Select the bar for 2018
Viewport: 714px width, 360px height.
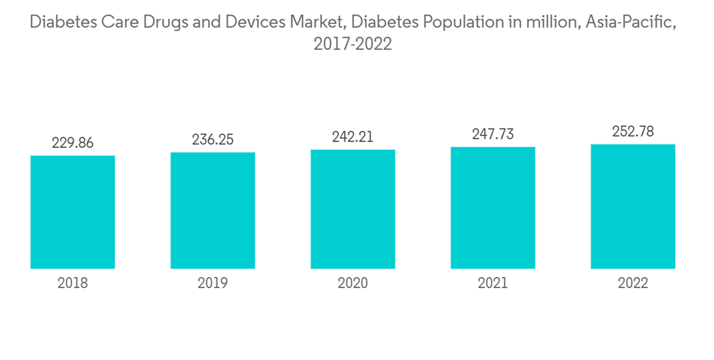coord(73,212)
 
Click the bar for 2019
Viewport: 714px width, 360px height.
coord(213,211)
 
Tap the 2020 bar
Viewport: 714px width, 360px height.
coord(353,209)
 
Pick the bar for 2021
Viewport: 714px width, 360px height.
coord(493,208)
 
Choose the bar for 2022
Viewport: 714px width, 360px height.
coord(633,206)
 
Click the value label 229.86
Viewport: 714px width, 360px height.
coord(73,143)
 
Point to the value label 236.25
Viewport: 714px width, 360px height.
coord(213,140)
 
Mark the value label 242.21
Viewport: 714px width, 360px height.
coord(353,137)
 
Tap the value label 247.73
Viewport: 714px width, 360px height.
coord(493,134)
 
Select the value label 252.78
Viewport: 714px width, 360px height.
coord(633,131)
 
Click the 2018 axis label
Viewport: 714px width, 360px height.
coord(73,284)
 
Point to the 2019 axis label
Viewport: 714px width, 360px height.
coord(213,284)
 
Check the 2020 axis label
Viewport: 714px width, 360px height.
coord(353,284)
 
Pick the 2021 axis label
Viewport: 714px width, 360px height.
coord(493,284)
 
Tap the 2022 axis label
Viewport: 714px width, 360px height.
coord(633,284)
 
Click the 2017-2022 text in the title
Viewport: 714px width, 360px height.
coord(353,44)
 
